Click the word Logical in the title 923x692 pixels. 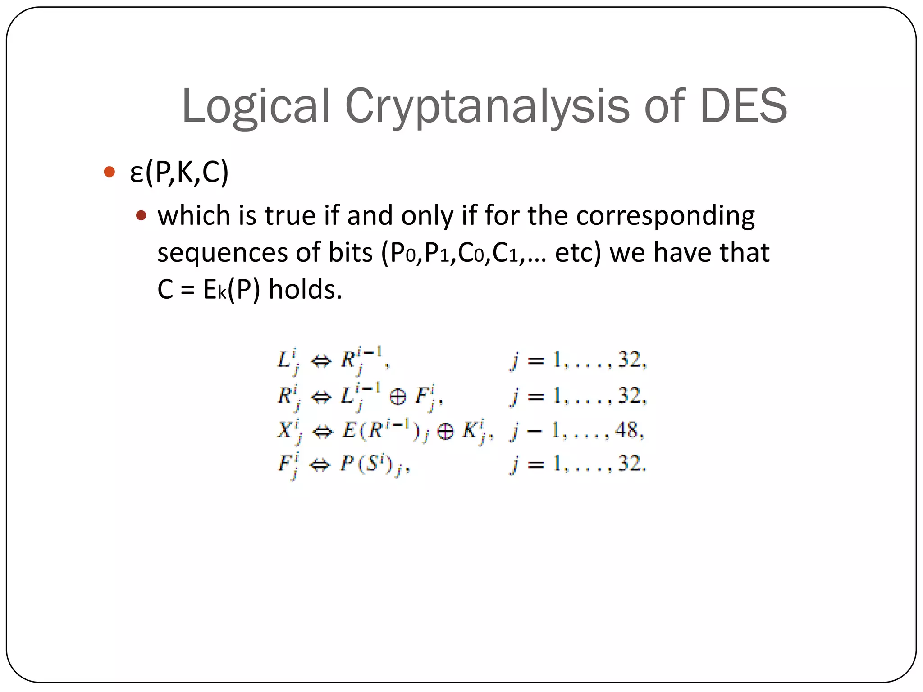point(256,106)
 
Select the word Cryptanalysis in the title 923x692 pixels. point(487,106)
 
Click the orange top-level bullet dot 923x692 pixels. point(109,172)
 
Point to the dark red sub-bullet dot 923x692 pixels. point(141,215)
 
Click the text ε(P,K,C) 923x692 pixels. point(179,172)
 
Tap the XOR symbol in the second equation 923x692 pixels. point(397,397)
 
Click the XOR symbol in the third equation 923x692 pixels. point(445,431)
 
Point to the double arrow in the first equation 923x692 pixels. point(321,361)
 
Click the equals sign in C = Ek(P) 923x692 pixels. point(187,290)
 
